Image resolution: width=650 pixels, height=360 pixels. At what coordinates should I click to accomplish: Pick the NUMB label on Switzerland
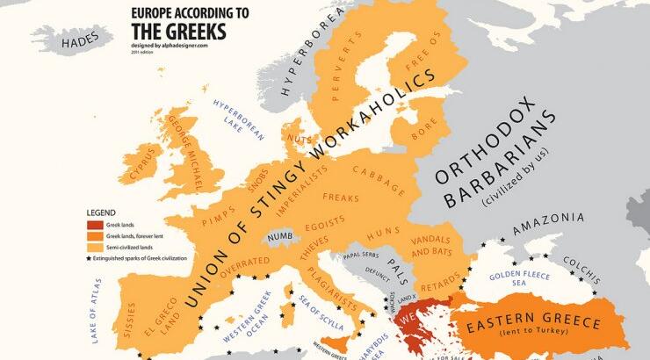[279, 236]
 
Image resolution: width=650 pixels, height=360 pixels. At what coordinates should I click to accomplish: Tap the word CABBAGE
[379, 178]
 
